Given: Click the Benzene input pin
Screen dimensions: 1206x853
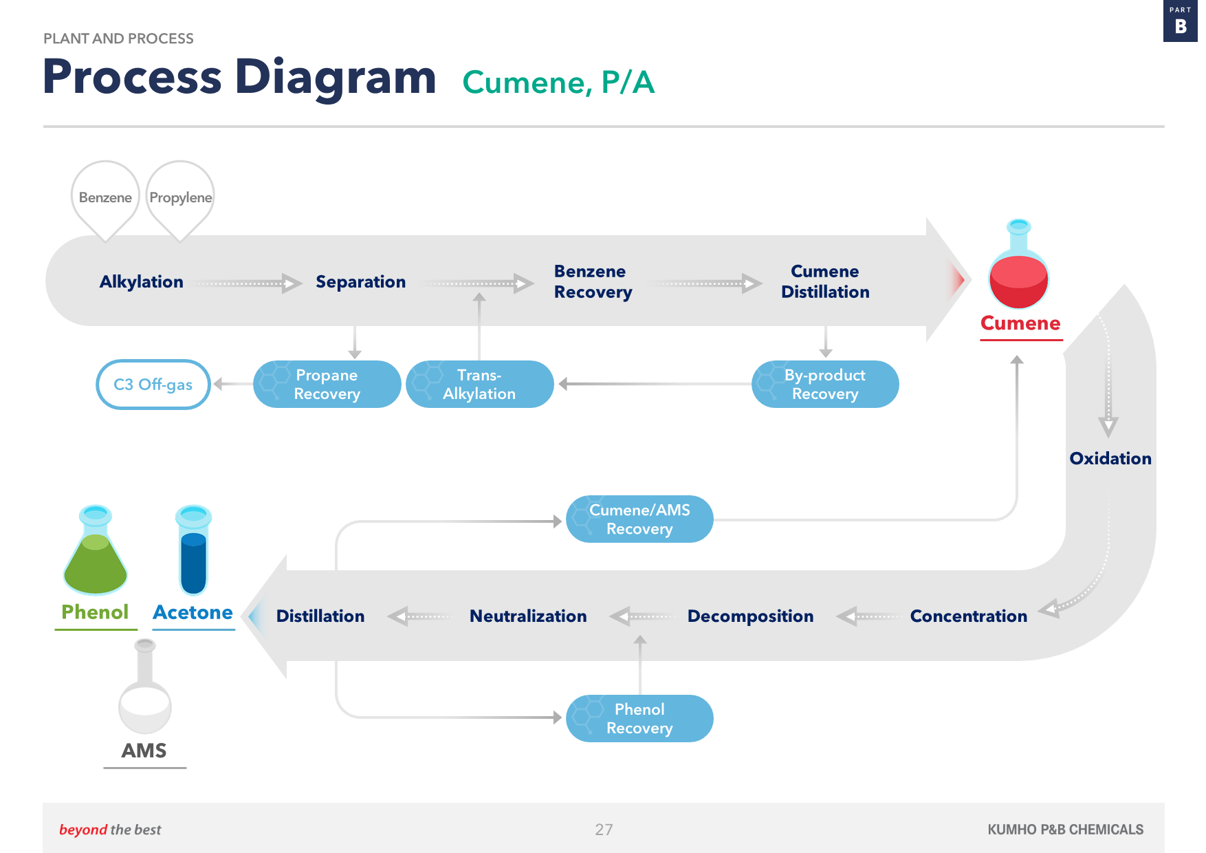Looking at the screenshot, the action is coord(105,199).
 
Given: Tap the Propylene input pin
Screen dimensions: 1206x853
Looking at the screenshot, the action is coord(180,199).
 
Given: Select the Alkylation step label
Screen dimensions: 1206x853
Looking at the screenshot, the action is coord(142,282).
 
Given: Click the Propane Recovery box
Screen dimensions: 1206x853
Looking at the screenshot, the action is coord(327,385).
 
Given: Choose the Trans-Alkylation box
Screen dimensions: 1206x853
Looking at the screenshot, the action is coord(480,385).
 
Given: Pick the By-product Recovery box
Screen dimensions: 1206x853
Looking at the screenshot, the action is coord(825,385).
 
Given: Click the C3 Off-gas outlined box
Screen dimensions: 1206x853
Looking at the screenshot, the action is coord(153,385).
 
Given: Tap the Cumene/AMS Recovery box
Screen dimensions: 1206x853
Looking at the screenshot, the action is coord(639,519).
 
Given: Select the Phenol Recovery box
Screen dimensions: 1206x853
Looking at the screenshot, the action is coord(639,719).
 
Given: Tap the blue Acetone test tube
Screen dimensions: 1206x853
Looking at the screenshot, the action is coord(193,550).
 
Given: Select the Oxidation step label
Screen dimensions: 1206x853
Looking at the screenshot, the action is coord(1110,459).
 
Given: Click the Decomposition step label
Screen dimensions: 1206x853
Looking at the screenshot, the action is coord(751,616).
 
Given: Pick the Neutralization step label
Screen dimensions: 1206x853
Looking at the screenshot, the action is coord(528,616).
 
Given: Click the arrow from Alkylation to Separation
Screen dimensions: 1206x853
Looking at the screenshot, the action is coord(248,283).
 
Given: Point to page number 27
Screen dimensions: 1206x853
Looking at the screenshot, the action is coord(604,830).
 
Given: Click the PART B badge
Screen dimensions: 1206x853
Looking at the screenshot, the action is coord(1181,21).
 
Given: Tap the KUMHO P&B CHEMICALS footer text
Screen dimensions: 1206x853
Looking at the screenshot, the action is coord(1066,830).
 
